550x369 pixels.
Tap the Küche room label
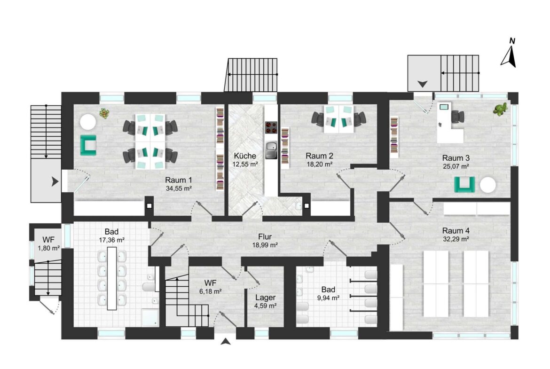coord(245,156)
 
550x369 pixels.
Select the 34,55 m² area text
coord(179,188)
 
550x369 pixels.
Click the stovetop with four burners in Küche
coord(271,127)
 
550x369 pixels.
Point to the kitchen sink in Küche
coord(271,149)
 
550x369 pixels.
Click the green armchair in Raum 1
coord(88,145)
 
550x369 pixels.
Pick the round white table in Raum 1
coord(88,122)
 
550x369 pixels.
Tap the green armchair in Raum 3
coord(465,184)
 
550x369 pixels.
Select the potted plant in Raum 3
coord(501,109)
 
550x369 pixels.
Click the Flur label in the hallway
coord(265,237)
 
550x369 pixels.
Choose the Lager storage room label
coord(265,298)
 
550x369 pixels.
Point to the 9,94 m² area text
coord(328,298)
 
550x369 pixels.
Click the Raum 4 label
coord(456,231)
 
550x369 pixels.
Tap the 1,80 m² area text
coord(49,248)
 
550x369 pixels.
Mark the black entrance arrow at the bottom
coord(226,341)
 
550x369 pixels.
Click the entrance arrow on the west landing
coord(55,181)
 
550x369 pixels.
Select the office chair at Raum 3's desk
coord(457,116)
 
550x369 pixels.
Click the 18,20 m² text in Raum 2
coord(319,164)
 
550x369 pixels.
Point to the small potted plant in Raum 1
coord(104,113)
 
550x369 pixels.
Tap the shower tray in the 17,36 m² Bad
coord(150,317)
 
